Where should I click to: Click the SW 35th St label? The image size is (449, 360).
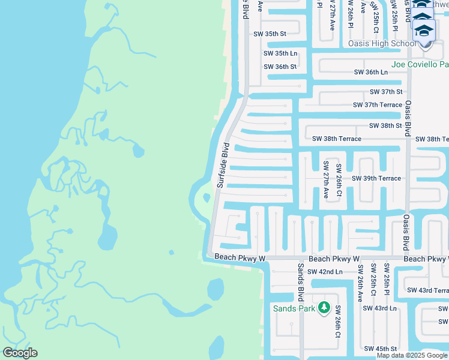[x=270, y=34]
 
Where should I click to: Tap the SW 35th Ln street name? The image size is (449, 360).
[x=280, y=53]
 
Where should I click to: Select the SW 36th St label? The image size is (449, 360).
[x=280, y=67]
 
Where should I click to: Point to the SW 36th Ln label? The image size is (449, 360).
[x=370, y=72]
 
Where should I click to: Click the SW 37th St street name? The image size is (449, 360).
[x=386, y=92]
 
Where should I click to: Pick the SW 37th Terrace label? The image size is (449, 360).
[x=377, y=105]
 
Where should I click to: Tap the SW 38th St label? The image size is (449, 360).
[x=385, y=126]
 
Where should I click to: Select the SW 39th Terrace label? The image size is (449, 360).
[x=376, y=179]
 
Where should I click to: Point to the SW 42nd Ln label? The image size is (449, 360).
[x=324, y=272]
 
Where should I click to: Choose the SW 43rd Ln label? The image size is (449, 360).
[x=379, y=308]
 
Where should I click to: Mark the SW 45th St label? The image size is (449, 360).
[x=381, y=349]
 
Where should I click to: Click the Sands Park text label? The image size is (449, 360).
[x=294, y=308]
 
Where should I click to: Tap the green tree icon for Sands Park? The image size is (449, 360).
[x=324, y=308]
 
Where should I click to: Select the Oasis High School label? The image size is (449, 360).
[x=382, y=44]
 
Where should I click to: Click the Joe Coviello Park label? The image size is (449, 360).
[x=420, y=64]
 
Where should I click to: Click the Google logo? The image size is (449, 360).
[x=20, y=353]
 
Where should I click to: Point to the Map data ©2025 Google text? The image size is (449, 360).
[x=412, y=355]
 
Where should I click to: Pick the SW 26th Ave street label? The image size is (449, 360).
[x=359, y=283]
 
